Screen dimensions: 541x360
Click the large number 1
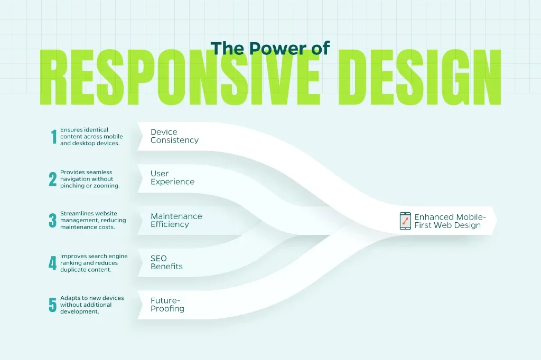click(x=53, y=137)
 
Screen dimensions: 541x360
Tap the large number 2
click(x=52, y=179)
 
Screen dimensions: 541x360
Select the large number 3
click(x=52, y=220)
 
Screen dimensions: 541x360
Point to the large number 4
click(x=52, y=263)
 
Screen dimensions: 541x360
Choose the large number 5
click(x=52, y=305)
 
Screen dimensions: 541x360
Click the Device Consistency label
click(x=174, y=136)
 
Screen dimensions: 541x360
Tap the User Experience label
click(x=172, y=177)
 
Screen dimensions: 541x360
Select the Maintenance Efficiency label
click(x=176, y=220)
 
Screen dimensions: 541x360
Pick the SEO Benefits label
click(x=166, y=262)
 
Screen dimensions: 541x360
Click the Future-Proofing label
click(x=167, y=305)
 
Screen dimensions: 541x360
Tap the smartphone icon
click(x=405, y=221)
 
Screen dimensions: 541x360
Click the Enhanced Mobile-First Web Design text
click(x=450, y=221)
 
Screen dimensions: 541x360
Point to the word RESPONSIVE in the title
click(x=180, y=77)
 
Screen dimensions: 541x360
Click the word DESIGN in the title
click(x=419, y=77)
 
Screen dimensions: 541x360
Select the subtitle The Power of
click(x=270, y=48)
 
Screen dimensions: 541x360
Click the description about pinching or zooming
click(x=90, y=179)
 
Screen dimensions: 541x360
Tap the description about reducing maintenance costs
click(x=93, y=220)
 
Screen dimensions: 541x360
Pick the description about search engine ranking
click(x=94, y=263)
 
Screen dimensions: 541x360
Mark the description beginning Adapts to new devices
click(x=92, y=305)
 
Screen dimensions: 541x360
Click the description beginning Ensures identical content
click(x=91, y=137)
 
